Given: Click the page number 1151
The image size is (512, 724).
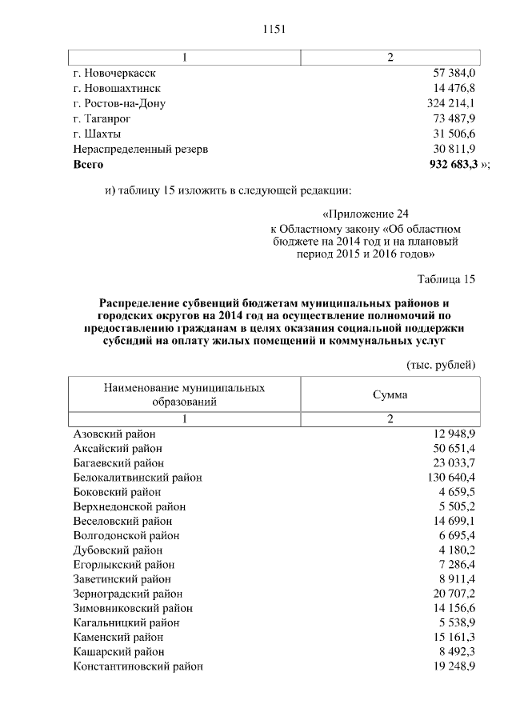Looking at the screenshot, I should [274, 30].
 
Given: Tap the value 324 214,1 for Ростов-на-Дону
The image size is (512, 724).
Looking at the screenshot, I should [451, 103].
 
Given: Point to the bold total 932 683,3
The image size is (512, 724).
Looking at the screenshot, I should [454, 164].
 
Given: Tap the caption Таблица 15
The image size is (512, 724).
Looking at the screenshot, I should [446, 279].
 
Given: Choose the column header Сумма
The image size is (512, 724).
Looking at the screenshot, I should [390, 394].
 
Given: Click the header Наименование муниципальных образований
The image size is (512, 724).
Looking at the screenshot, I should [185, 394].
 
